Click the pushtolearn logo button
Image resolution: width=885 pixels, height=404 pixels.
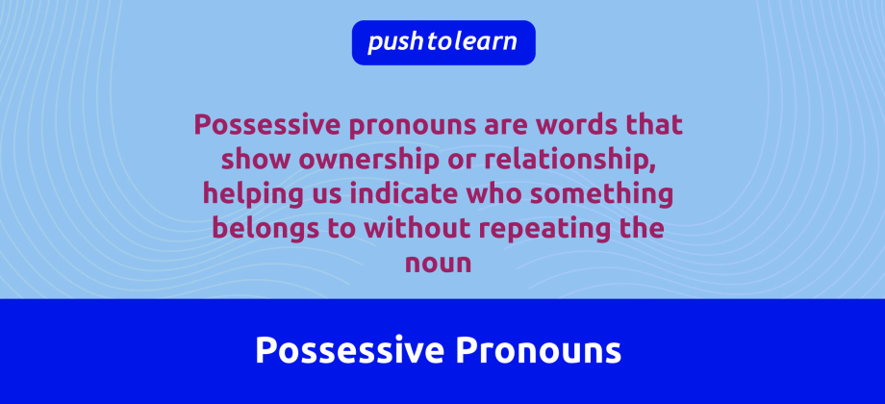coord(442,42)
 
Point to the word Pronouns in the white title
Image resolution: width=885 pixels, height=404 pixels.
coord(538,351)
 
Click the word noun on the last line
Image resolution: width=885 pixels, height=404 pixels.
coord(442,264)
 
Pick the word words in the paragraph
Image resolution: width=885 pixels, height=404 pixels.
coord(561,125)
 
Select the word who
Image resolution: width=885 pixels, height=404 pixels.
coord(490,194)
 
